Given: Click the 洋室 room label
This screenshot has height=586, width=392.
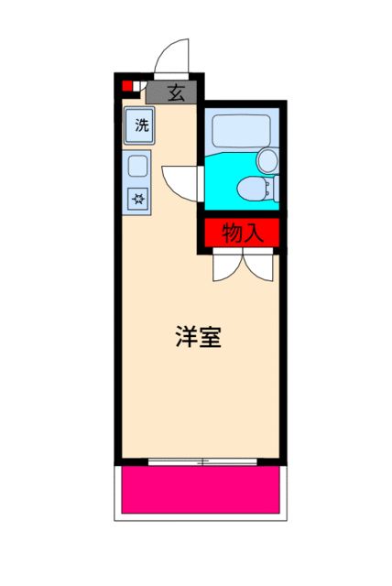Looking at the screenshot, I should pyautogui.click(x=198, y=337).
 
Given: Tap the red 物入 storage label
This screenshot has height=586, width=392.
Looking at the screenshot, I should pyautogui.click(x=242, y=233).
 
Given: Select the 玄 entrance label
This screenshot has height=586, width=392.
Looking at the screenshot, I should pyautogui.click(x=175, y=92).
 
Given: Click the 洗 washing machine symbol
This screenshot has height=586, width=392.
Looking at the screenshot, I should pyautogui.click(x=141, y=125).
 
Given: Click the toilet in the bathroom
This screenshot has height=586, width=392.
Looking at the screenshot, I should pyautogui.click(x=248, y=190).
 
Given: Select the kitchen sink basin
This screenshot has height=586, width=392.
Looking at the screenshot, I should pyautogui.click(x=138, y=167).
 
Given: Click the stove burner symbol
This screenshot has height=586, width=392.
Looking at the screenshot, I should pyautogui.click(x=138, y=197).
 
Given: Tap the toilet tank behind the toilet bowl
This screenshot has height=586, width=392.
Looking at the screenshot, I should pyautogui.click(x=269, y=190).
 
